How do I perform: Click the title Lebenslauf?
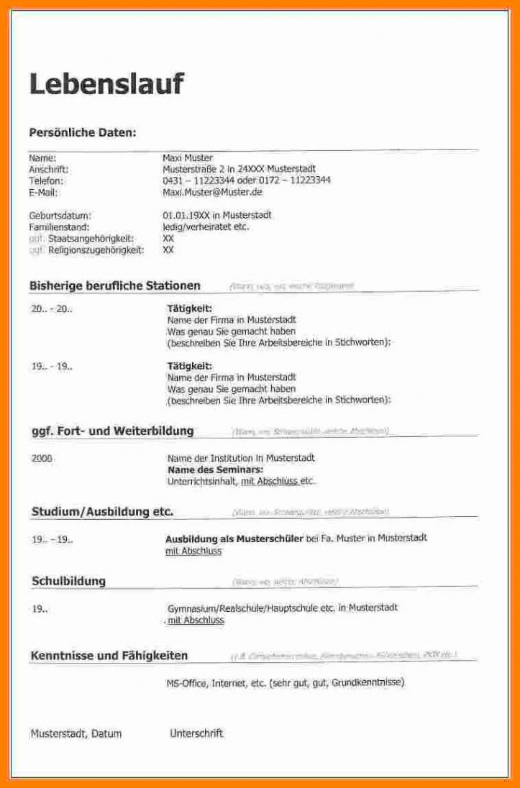pos(106,84)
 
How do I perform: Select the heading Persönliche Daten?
pos(82,132)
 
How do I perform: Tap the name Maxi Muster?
pos(188,157)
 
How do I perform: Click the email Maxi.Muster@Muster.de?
pos(212,192)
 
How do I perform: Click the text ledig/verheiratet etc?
pos(206,226)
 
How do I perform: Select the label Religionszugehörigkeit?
pos(96,249)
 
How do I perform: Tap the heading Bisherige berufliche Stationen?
pos(114,285)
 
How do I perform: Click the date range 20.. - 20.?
pos(52,308)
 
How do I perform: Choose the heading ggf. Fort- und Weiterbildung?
pos(111,431)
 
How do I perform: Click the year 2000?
pos(42,458)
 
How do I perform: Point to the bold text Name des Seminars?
pos(215,469)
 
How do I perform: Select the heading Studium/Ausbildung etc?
pos(102,512)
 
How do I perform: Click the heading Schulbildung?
pos(68,581)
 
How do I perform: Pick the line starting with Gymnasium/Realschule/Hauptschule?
pos(282,608)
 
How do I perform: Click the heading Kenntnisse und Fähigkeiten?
pos(109,656)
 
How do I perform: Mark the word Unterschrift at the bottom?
pos(196,733)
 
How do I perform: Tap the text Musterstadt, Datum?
pos(76,734)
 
